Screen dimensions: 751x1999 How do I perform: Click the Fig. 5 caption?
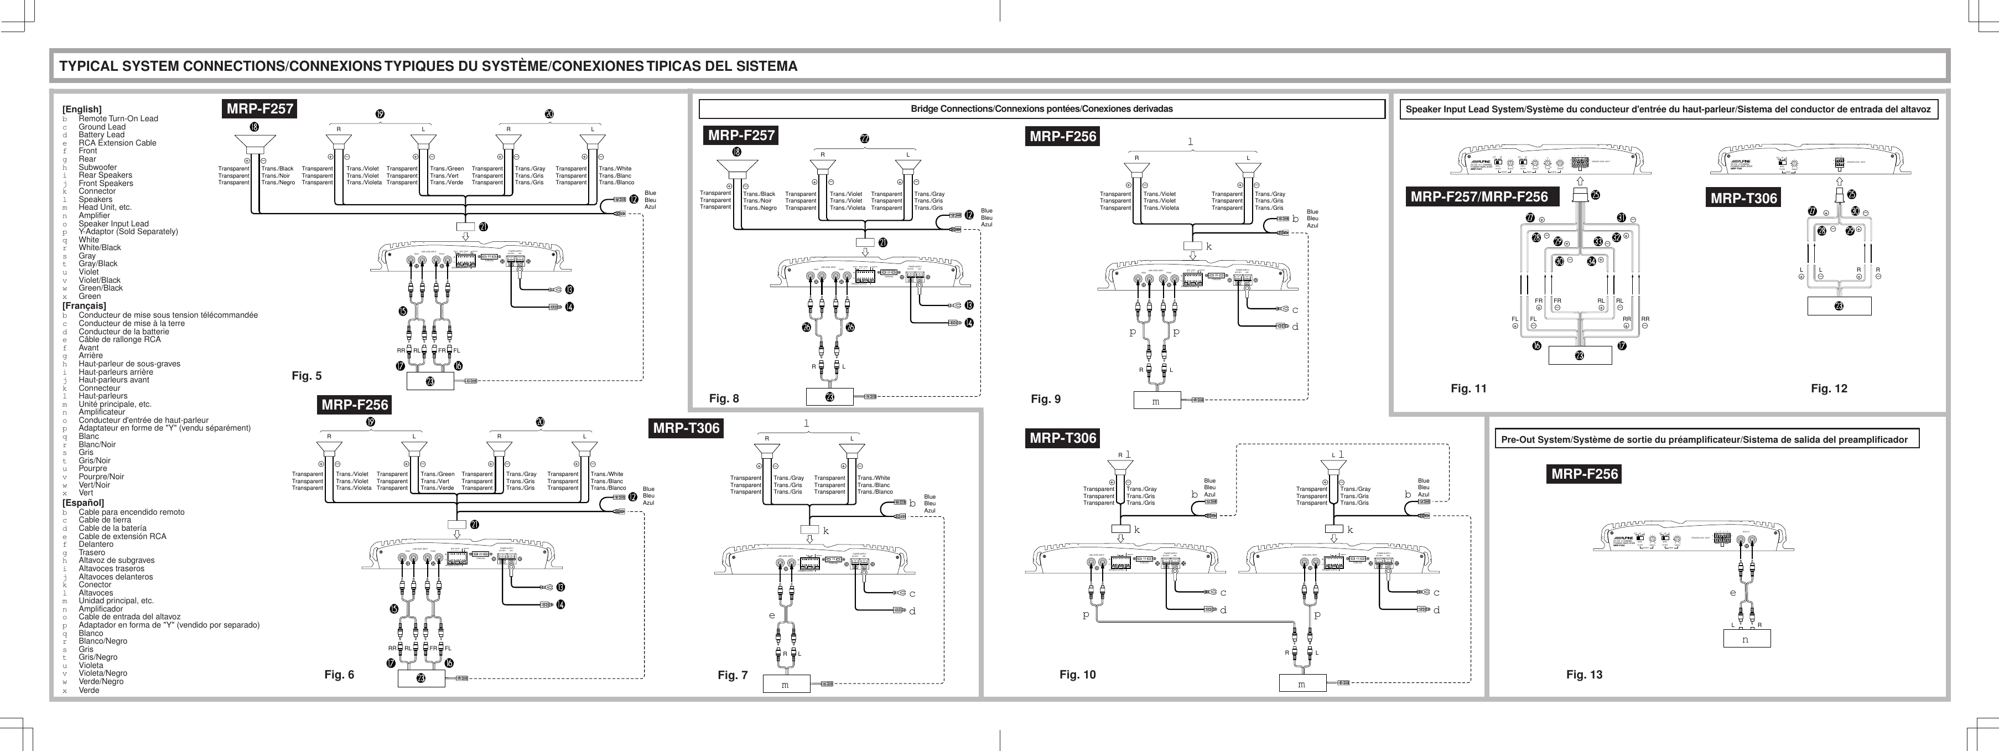tap(307, 376)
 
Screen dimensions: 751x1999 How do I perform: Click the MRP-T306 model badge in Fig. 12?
tap(1744, 198)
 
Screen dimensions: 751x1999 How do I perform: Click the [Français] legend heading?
tap(84, 305)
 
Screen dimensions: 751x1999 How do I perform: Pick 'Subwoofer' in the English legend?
tap(98, 167)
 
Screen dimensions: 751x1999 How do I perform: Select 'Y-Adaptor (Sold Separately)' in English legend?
tap(128, 231)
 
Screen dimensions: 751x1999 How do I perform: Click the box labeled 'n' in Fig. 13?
tap(1746, 639)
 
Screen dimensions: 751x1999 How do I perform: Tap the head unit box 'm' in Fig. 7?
tap(785, 684)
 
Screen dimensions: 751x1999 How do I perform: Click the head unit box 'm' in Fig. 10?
tap(1301, 683)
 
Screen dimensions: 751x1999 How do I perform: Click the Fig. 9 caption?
tap(1045, 400)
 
